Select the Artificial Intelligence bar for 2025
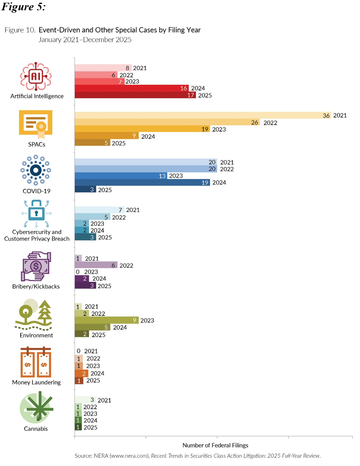click(x=135, y=95)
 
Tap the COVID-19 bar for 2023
click(x=121, y=176)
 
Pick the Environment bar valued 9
click(x=106, y=320)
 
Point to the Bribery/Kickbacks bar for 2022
click(x=96, y=265)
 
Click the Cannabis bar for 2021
click(x=85, y=400)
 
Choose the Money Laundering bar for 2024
click(x=82, y=373)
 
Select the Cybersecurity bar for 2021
click(x=99, y=210)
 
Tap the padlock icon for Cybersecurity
click(x=36, y=214)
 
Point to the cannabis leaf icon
click(x=37, y=409)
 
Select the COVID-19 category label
click(x=36, y=191)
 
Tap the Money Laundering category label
click(x=36, y=382)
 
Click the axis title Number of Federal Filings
click(x=215, y=445)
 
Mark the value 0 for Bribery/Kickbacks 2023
click(x=78, y=272)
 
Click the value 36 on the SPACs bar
click(x=327, y=115)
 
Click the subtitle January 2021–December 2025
click(x=85, y=40)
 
